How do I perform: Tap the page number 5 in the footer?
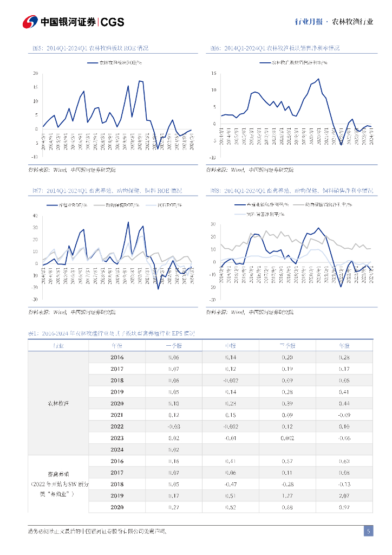pos(368,531)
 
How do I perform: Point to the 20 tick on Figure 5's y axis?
pos(35,73)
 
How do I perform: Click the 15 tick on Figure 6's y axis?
pos(214,73)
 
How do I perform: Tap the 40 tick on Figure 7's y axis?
pos(35,216)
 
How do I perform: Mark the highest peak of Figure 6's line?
pos(318,79)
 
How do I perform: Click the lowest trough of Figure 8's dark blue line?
pos(341,286)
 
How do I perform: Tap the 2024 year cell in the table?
pos(117,449)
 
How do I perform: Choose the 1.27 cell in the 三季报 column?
pos(287,495)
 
